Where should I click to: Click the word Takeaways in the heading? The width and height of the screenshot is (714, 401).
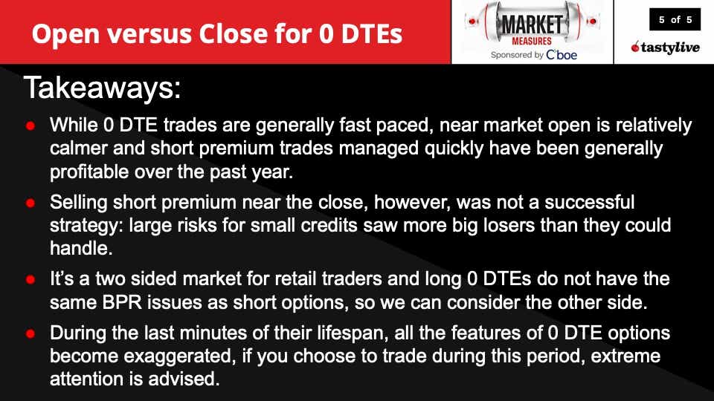[101, 88]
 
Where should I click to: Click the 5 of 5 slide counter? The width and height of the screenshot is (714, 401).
[675, 20]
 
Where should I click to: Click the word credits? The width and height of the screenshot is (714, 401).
[347, 224]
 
